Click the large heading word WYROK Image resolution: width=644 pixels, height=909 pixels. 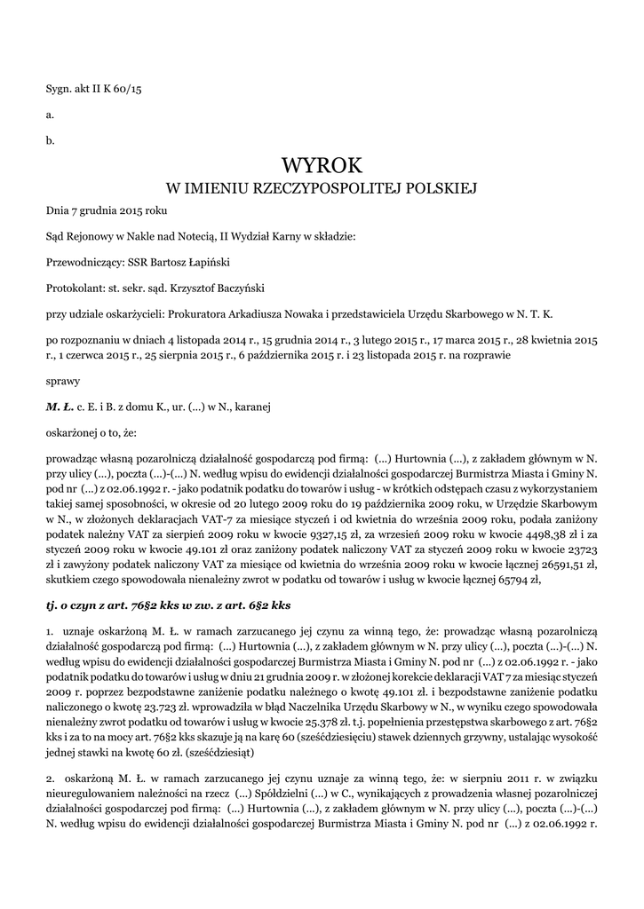coord(322,166)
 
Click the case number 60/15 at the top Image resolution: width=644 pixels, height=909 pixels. coord(125,91)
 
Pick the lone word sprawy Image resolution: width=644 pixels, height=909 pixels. coord(62,381)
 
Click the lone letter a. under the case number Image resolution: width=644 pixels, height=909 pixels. coord(51,115)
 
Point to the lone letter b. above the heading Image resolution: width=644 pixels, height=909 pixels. coord(51,139)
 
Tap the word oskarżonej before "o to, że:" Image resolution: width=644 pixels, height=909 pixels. coord(75,432)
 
